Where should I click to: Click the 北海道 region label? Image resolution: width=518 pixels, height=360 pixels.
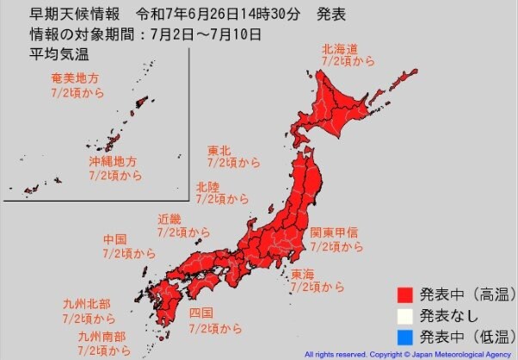click(341, 49)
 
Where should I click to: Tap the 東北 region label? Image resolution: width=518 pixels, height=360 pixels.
click(219, 150)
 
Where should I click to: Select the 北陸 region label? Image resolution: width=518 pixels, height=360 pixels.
click(207, 186)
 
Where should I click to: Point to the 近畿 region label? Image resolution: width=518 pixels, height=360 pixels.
click(169, 219)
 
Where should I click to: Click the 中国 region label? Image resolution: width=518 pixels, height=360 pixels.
click(114, 239)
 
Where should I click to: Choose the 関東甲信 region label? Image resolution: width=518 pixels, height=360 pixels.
click(335, 233)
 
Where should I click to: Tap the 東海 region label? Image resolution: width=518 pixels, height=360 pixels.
click(302, 273)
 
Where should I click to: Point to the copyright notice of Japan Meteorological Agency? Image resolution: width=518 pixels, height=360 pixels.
click(409, 354)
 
